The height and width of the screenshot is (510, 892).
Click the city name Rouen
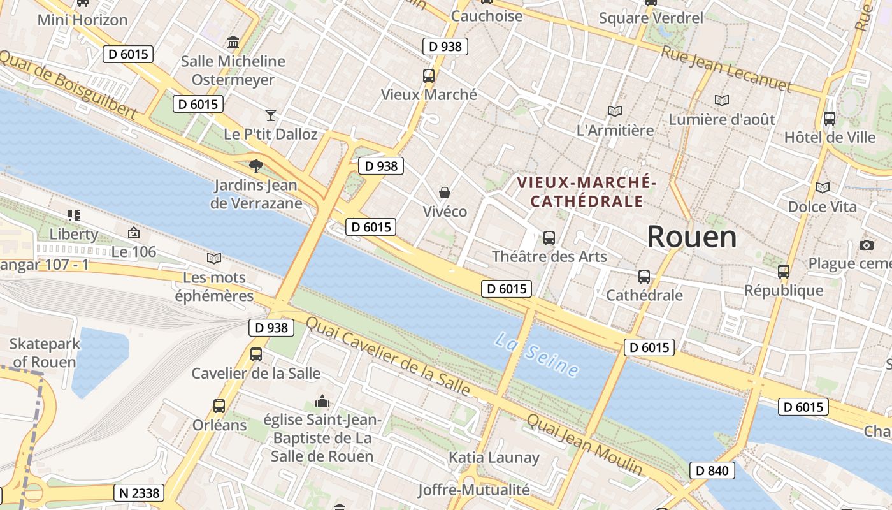[x=692, y=237]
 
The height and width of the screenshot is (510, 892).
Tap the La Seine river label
[x=536, y=354]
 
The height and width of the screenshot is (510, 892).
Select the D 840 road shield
[x=712, y=471]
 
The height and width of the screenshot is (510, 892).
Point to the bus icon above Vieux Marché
[x=429, y=76]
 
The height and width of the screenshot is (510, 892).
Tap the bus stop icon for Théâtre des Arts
[x=549, y=238]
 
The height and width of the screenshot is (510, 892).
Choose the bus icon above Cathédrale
[x=644, y=277]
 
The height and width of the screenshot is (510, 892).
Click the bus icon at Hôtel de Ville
[x=830, y=118]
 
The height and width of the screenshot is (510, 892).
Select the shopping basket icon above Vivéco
[x=445, y=192]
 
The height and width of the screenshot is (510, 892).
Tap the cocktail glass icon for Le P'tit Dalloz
[x=271, y=115]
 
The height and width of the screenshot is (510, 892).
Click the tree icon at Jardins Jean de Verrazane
[x=256, y=166]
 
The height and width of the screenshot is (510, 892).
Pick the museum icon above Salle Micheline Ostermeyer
[x=233, y=43]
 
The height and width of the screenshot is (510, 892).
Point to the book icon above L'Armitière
[x=615, y=111]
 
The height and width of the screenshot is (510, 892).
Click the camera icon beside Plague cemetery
[x=866, y=245]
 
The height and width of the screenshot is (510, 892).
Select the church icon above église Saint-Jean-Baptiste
[x=322, y=402]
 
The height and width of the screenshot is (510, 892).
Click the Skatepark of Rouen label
[x=45, y=353]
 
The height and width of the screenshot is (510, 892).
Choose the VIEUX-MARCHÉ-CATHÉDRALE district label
[x=586, y=192]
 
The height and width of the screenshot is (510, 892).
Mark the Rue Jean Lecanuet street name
[x=726, y=69]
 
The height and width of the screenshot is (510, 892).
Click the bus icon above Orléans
[x=219, y=405]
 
